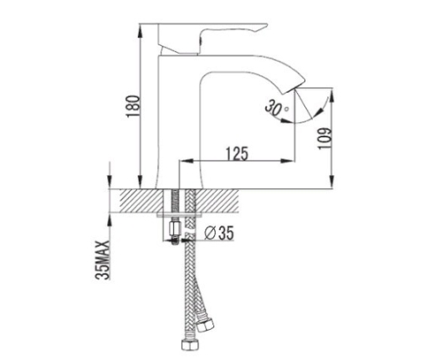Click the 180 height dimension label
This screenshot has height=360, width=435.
point(134,106)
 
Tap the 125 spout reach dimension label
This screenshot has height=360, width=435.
point(237,154)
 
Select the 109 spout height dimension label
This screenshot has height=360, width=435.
point(325,139)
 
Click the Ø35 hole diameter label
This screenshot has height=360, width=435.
point(219,233)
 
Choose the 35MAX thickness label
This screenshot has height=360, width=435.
point(102,260)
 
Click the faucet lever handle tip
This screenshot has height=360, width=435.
point(264,27)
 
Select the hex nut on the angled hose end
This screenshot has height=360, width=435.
point(206,323)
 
